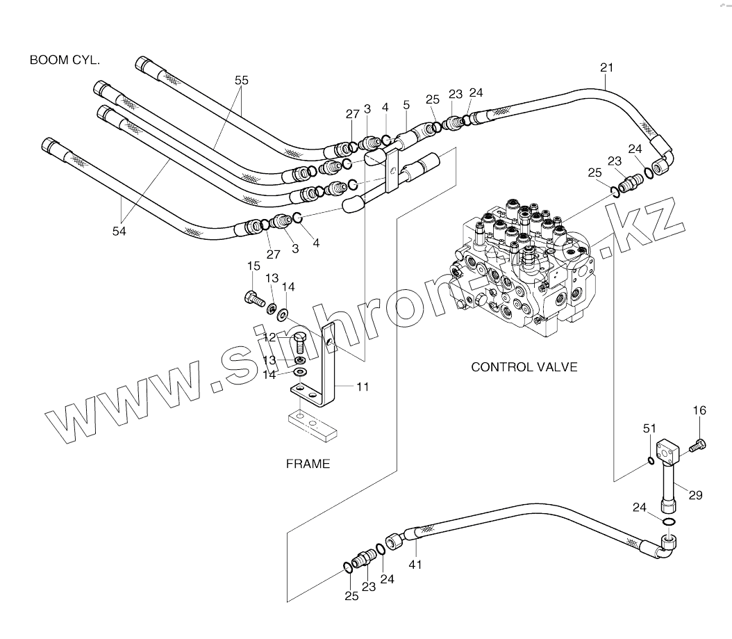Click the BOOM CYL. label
point(65,60)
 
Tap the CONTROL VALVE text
point(524,366)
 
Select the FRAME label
point(308,464)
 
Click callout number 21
point(606,67)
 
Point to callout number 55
point(241,81)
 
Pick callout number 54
point(119,232)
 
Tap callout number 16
point(698,412)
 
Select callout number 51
point(649,429)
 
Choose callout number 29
point(695,495)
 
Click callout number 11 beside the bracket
point(362,387)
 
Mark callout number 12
point(269,337)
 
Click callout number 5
point(406,105)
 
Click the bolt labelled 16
point(698,444)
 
